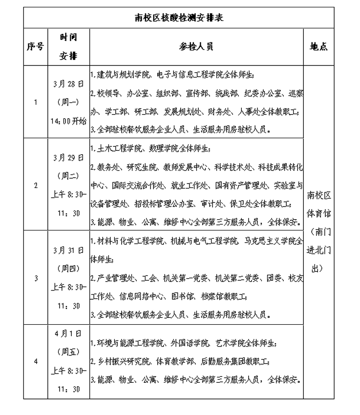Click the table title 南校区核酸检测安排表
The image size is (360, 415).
click(179, 18)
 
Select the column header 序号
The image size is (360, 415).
click(35, 47)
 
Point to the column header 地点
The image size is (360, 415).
click(318, 47)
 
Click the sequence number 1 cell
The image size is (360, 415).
click(35, 102)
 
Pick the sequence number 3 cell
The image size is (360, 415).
click(35, 278)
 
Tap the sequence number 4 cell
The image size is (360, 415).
click(35, 361)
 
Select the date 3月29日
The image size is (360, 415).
click(69, 158)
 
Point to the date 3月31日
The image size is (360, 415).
click(69, 250)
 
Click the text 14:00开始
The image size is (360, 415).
click(69, 121)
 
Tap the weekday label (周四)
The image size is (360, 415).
click(69, 269)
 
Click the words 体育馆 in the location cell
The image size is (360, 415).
click(318, 213)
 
